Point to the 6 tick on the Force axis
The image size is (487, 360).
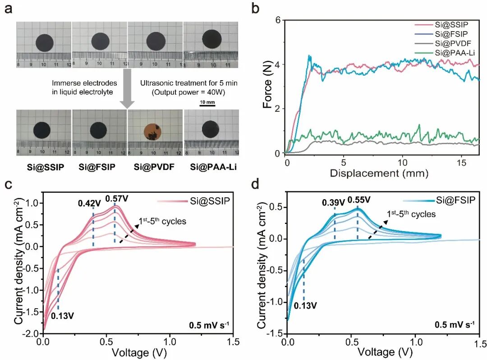tap(278, 20)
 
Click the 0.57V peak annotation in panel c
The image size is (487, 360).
tap(117, 198)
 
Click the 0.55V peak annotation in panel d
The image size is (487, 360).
tap(359, 199)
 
